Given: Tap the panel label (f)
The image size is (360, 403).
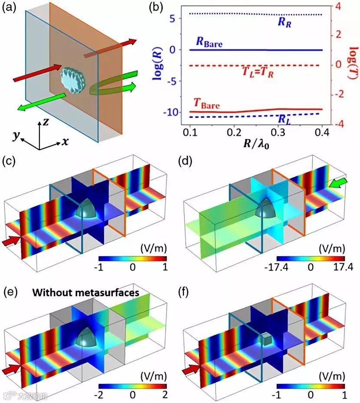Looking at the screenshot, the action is pyautogui.click(x=189, y=292).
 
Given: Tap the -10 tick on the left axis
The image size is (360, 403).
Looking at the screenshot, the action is pyautogui.click(x=173, y=112).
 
